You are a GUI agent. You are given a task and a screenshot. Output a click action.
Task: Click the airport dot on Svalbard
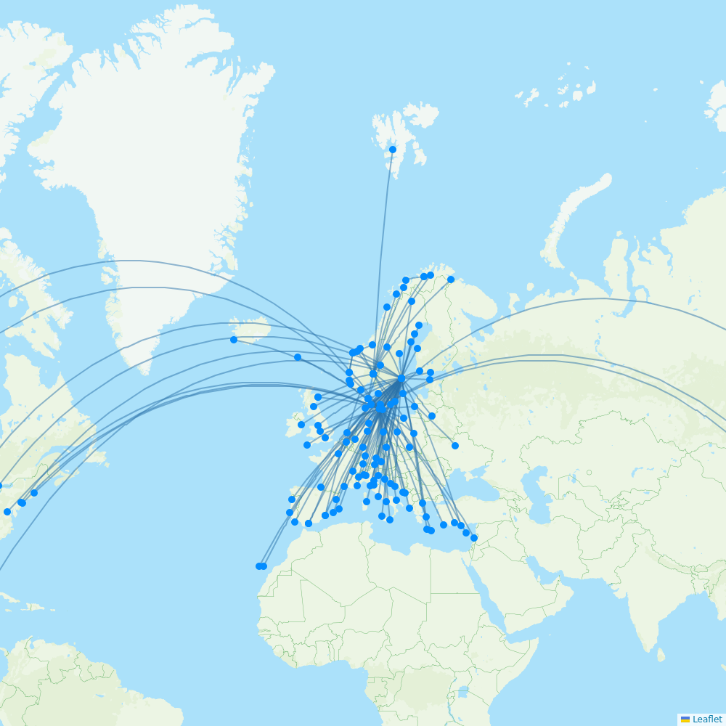tap(393, 150)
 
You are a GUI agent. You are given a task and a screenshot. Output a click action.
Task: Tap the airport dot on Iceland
tap(234, 340)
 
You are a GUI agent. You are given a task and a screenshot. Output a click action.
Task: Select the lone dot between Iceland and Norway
tap(298, 357)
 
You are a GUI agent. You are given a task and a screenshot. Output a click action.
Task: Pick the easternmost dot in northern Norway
tap(451, 280)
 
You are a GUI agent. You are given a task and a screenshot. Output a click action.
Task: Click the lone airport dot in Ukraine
tap(455, 446)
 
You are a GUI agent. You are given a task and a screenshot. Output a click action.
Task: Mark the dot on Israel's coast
tap(474, 538)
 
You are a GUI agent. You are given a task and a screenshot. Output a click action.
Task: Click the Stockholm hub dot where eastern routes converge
tap(401, 378)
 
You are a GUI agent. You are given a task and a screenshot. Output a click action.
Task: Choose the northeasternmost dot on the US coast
tap(34, 493)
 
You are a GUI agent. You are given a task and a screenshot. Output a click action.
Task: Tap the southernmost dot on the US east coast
tap(7, 512)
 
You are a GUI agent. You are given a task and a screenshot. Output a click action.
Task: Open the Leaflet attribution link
tap(707, 719)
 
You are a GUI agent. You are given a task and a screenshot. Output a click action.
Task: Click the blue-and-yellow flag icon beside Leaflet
tap(685, 719)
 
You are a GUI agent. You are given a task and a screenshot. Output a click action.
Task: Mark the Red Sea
tap(501, 603)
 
